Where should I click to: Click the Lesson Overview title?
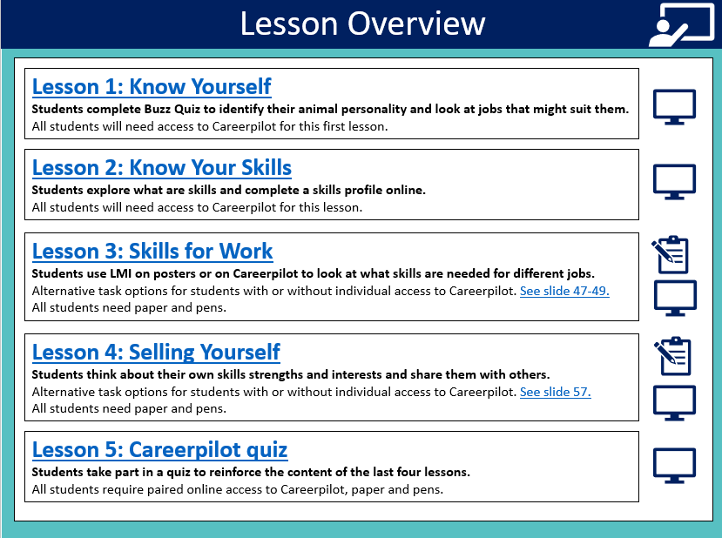tap(363, 24)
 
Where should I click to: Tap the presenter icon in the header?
tap(682, 25)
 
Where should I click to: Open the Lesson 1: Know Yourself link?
tap(152, 86)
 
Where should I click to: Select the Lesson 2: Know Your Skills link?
tap(162, 167)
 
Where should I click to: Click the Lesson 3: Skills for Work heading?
tap(152, 252)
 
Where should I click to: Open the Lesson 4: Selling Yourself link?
tap(156, 352)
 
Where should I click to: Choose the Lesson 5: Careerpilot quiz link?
tap(159, 449)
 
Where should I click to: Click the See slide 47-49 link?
tap(564, 291)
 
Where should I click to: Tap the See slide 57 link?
tap(556, 392)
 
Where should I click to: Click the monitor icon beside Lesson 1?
tap(675, 107)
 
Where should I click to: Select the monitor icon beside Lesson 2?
tap(675, 182)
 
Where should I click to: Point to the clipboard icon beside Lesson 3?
tap(671, 254)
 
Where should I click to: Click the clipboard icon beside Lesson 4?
tap(672, 356)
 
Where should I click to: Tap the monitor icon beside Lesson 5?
tap(675, 465)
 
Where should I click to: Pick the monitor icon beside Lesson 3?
tap(675, 299)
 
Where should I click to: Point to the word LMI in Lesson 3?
tap(121, 273)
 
